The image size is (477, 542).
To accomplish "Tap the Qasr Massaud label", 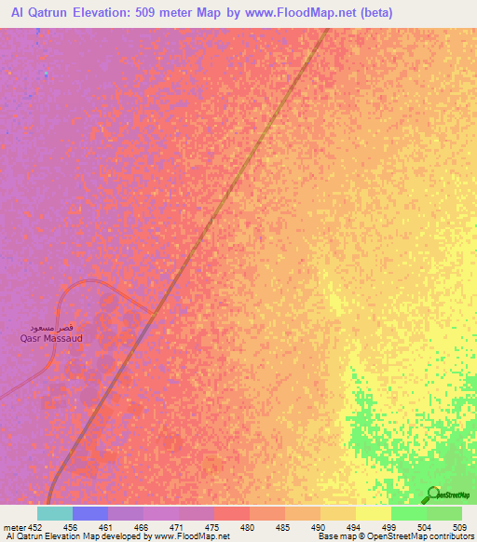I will point(51,339).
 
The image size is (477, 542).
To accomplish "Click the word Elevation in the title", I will point(117,12).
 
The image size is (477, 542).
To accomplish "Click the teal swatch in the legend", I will point(55,513).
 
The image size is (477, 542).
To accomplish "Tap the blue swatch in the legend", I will point(90,513).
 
